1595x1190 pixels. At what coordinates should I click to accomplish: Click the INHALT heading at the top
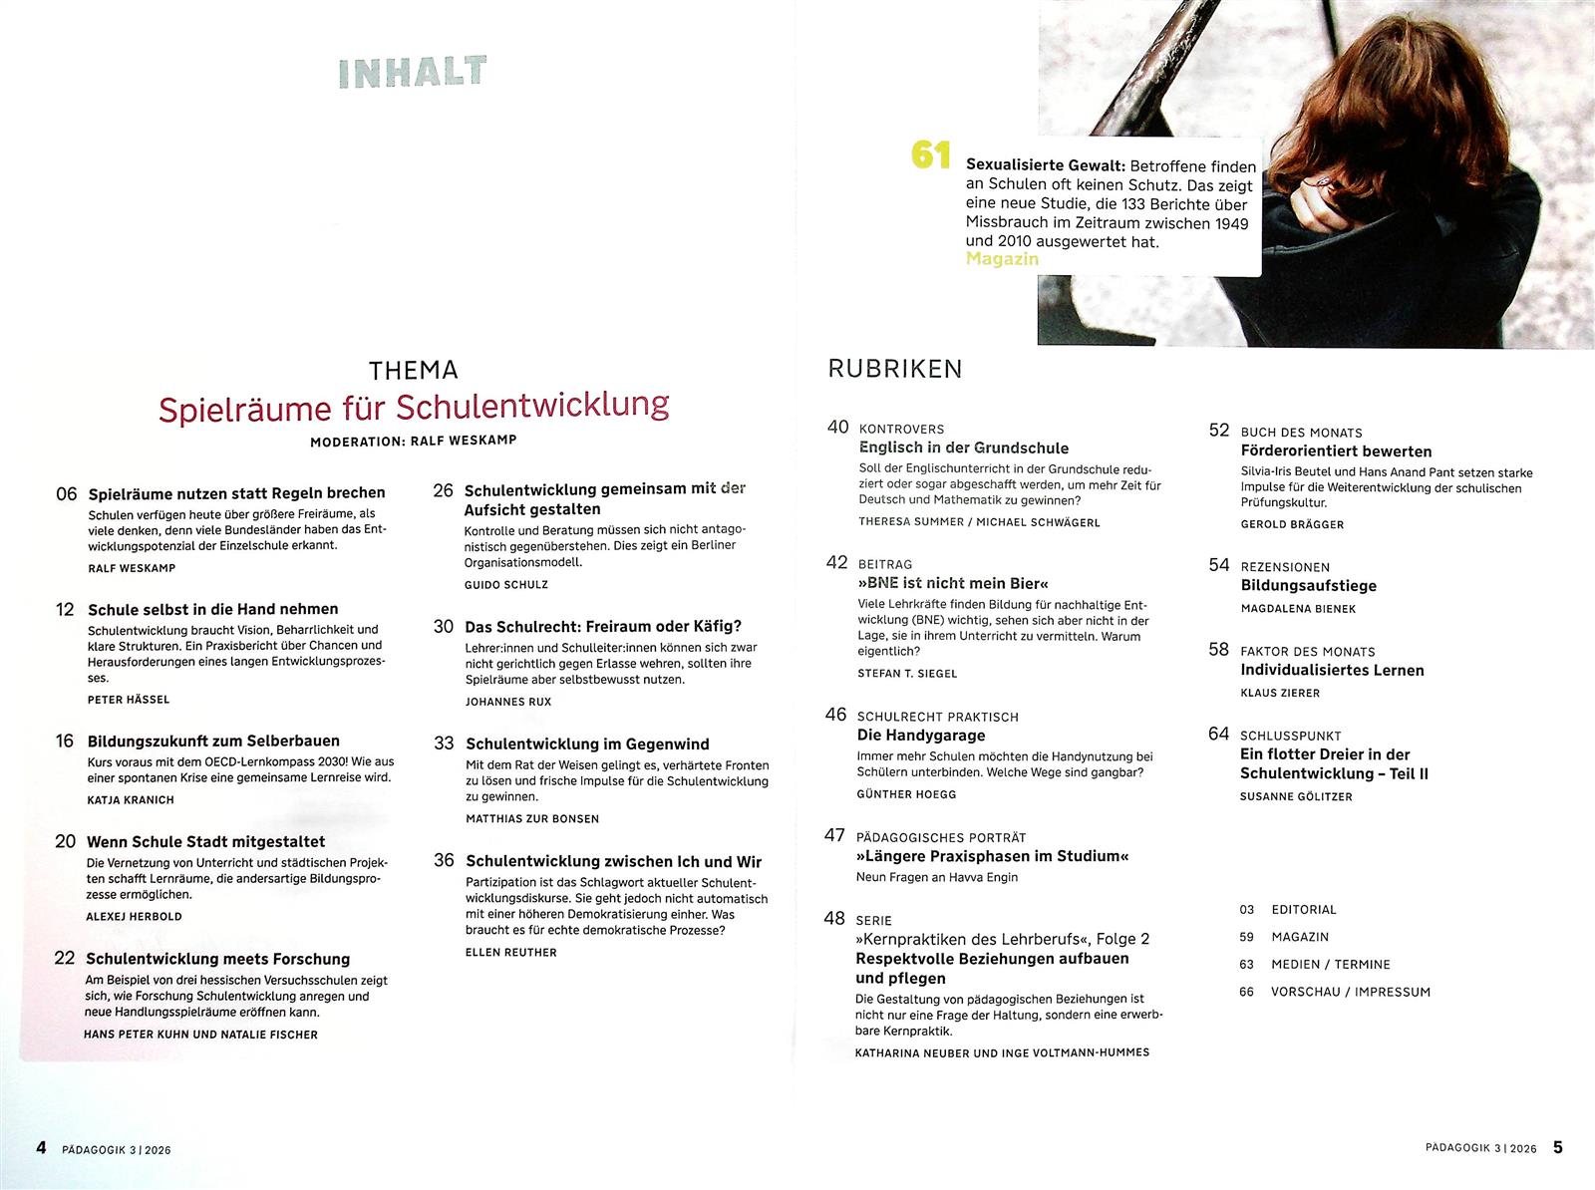pyautogui.click(x=413, y=72)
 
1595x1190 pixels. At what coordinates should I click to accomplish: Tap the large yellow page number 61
pyautogui.click(x=931, y=155)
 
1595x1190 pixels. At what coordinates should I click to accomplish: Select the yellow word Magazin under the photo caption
pyautogui.click(x=1002, y=259)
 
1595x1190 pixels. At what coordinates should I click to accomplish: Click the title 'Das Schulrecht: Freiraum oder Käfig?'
pyautogui.click(x=603, y=627)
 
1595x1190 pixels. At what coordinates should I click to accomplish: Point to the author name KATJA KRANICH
pyautogui.click(x=131, y=799)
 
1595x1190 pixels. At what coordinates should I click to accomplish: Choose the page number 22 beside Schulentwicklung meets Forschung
pyautogui.click(x=65, y=958)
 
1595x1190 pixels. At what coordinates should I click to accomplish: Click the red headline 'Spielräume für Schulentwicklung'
pyautogui.click(x=414, y=407)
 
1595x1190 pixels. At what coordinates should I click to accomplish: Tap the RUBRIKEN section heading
pyautogui.click(x=895, y=370)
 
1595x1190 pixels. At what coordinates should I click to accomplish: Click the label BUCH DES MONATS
pyautogui.click(x=1301, y=433)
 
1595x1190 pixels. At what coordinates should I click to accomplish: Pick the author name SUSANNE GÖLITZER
pyautogui.click(x=1296, y=796)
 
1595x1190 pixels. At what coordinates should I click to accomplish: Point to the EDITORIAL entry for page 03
pyautogui.click(x=1304, y=909)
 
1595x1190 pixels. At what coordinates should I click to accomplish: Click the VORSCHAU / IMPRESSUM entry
pyautogui.click(x=1350, y=992)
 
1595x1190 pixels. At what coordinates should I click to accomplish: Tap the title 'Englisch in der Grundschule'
pyautogui.click(x=964, y=448)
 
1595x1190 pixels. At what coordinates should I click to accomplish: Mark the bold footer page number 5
pyautogui.click(x=1558, y=1147)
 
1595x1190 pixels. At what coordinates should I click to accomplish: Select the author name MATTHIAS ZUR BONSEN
pyautogui.click(x=532, y=818)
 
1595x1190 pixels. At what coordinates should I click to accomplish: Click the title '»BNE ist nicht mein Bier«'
pyautogui.click(x=953, y=583)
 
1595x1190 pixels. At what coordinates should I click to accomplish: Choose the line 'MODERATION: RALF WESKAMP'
pyautogui.click(x=414, y=441)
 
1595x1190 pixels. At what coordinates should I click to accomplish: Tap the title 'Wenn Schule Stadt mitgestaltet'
pyautogui.click(x=205, y=842)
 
